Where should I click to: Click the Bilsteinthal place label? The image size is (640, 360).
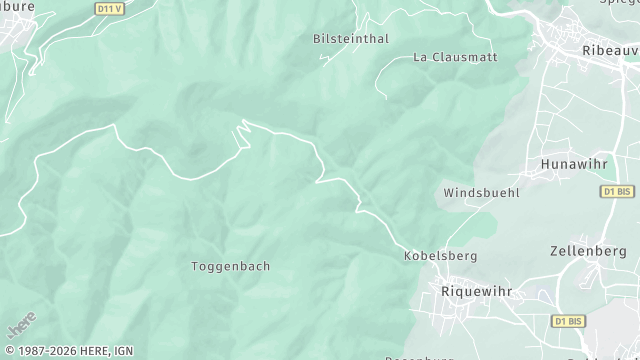click(x=350, y=38)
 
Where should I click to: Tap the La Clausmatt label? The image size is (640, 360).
click(x=455, y=57)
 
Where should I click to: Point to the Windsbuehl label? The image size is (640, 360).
click(x=481, y=191)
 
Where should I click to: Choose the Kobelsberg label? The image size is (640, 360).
click(x=440, y=256)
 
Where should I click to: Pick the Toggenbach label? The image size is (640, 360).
click(x=230, y=266)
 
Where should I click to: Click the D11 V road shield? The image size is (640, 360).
click(x=110, y=8)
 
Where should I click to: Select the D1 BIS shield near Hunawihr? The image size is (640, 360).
click(x=617, y=191)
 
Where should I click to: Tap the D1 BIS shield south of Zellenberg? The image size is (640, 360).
click(x=567, y=321)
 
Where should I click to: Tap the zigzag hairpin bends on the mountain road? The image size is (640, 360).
click(x=243, y=131)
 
